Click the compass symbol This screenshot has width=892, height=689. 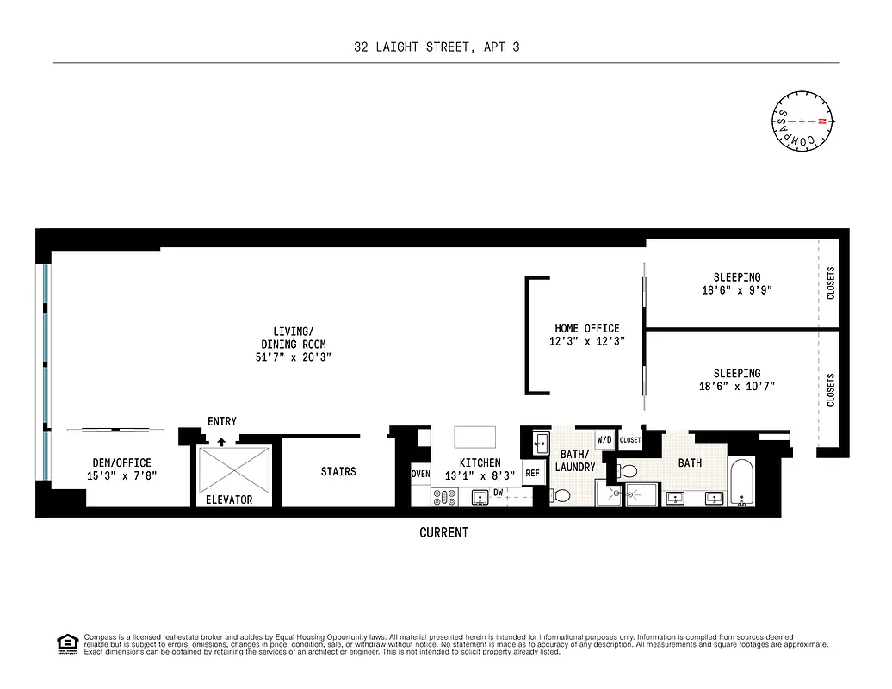point(802,121)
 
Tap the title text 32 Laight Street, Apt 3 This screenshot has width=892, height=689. point(437,47)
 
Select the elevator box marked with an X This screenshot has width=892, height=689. point(233,469)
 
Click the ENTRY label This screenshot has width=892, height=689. point(222,421)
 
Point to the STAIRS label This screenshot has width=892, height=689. point(338,471)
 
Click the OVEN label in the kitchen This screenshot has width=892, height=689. point(420,474)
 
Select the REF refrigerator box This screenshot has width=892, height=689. point(532,473)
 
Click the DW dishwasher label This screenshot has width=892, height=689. point(498,492)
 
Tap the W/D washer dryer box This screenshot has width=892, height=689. point(604,440)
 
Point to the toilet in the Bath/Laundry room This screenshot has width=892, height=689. point(561,495)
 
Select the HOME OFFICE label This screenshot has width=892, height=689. point(586,328)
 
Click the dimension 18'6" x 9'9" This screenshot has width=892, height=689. point(736,290)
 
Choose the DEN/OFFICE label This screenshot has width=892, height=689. point(121,462)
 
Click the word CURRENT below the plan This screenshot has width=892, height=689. point(443,532)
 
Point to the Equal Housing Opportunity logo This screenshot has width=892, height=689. point(66,643)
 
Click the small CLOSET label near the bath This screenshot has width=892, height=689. point(630,440)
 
